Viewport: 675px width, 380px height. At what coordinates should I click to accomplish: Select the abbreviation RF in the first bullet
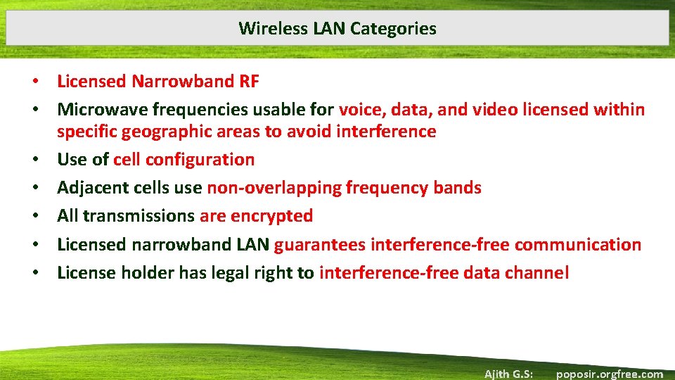click(x=249, y=82)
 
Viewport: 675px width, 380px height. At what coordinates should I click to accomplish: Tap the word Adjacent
click(x=87, y=188)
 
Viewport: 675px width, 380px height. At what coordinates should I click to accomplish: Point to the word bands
click(x=458, y=188)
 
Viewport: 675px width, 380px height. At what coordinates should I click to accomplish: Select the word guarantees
click(x=320, y=245)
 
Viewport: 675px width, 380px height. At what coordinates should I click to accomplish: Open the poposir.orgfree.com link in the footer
click(x=609, y=374)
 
